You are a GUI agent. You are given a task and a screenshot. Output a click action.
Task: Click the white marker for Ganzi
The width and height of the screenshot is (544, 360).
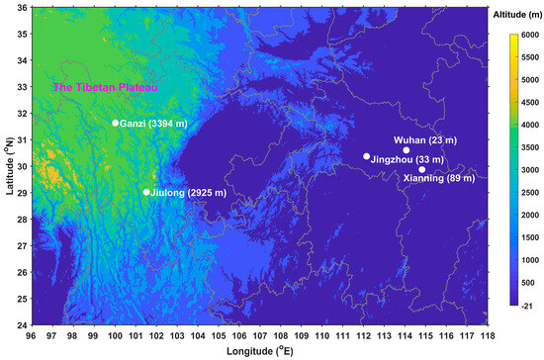[116, 123]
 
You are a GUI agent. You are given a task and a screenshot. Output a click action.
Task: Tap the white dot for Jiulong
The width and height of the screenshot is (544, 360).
[146, 193]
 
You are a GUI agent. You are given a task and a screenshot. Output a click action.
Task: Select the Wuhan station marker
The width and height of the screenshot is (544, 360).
[407, 150]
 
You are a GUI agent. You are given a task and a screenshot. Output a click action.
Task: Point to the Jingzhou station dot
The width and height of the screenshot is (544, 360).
[367, 156]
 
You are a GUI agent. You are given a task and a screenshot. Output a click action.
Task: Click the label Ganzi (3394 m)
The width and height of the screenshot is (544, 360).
[153, 124]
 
